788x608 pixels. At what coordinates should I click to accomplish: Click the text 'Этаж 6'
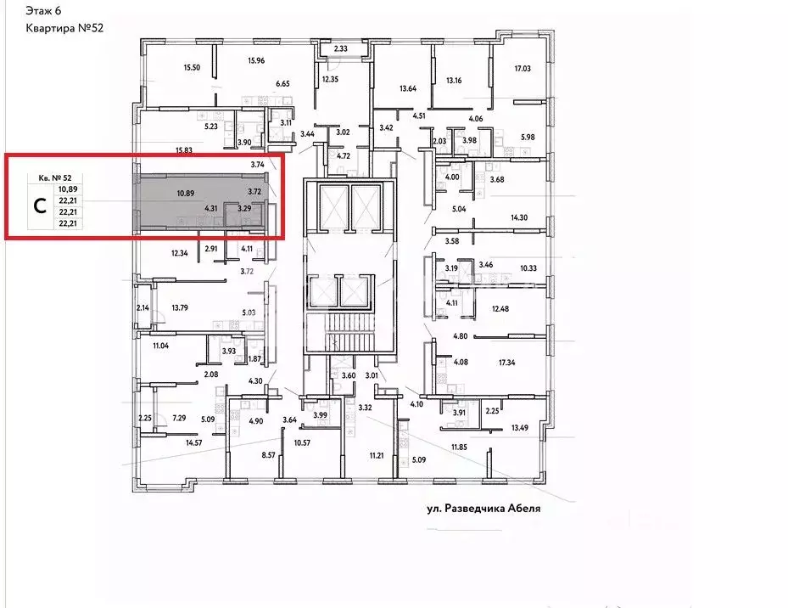pos(43,10)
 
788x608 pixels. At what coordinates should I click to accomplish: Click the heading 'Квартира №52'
pos(64,28)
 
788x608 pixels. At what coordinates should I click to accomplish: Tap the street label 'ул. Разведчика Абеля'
pos(483,509)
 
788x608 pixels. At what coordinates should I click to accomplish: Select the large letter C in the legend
pos(40,205)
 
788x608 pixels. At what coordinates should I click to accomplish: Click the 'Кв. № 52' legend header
pos(55,177)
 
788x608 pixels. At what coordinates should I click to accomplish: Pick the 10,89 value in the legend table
pos(68,189)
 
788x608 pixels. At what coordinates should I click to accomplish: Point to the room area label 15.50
pos(192,67)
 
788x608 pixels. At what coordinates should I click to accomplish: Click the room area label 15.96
pos(256,61)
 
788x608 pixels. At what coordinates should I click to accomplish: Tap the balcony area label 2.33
pos(341,48)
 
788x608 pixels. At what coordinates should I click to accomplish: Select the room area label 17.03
pos(523,69)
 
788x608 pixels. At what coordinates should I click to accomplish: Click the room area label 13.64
pos(407,88)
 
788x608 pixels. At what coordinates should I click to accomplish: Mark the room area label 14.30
pos(519,218)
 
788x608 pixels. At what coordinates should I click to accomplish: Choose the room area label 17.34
pos(506,363)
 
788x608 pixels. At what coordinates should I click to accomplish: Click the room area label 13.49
pos(520,428)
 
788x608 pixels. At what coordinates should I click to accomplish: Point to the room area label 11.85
pos(459,447)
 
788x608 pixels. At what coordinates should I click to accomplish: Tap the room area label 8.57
pos(268,455)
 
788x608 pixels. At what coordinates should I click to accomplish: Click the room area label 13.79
pos(180,307)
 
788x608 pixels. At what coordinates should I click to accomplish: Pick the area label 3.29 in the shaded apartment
pos(244,208)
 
